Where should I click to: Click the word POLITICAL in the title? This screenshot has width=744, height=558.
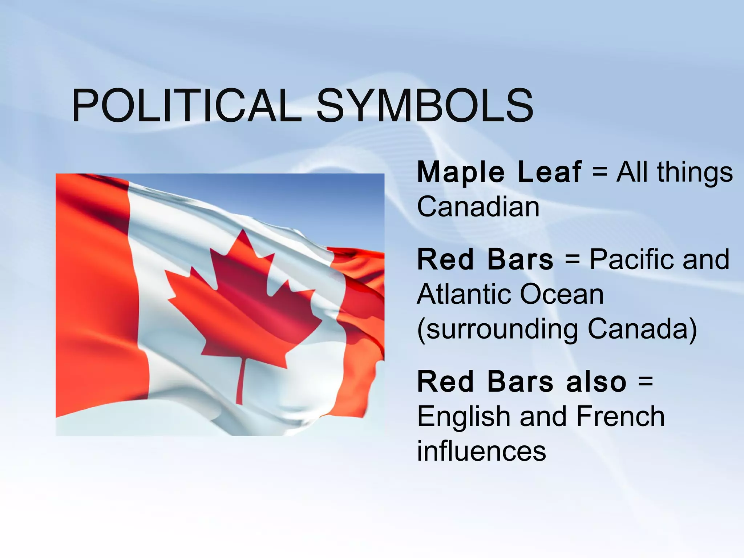(186, 106)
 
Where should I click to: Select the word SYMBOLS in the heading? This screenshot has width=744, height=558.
(425, 106)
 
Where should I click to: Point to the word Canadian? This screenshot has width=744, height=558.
(478, 207)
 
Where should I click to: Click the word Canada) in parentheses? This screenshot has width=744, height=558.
(642, 329)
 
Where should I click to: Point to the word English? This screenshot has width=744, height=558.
(464, 417)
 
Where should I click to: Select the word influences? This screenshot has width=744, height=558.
(481, 451)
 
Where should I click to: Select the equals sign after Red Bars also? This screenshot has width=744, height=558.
(645, 382)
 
